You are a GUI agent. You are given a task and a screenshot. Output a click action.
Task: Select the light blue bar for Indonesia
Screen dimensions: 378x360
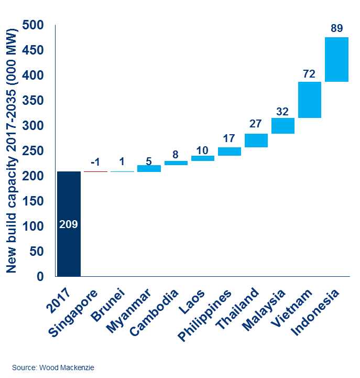(x=336, y=60)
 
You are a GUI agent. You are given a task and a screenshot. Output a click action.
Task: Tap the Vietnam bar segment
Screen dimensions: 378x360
(x=310, y=100)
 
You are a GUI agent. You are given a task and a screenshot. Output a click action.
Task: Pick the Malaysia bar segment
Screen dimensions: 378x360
(x=283, y=126)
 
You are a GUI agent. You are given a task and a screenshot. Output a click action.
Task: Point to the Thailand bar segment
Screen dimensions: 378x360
(x=256, y=141)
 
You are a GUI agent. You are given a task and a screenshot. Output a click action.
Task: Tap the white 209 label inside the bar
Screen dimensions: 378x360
(x=69, y=225)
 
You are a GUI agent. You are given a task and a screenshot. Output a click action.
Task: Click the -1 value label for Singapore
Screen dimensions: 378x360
(x=95, y=161)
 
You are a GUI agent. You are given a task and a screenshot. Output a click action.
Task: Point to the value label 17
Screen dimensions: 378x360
(x=230, y=139)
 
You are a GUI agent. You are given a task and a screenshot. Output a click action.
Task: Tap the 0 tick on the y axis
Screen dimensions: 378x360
(x=40, y=276)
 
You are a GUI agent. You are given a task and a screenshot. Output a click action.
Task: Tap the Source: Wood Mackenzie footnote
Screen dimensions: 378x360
(x=53, y=368)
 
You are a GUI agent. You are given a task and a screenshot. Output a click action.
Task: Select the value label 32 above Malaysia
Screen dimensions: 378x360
(x=283, y=111)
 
